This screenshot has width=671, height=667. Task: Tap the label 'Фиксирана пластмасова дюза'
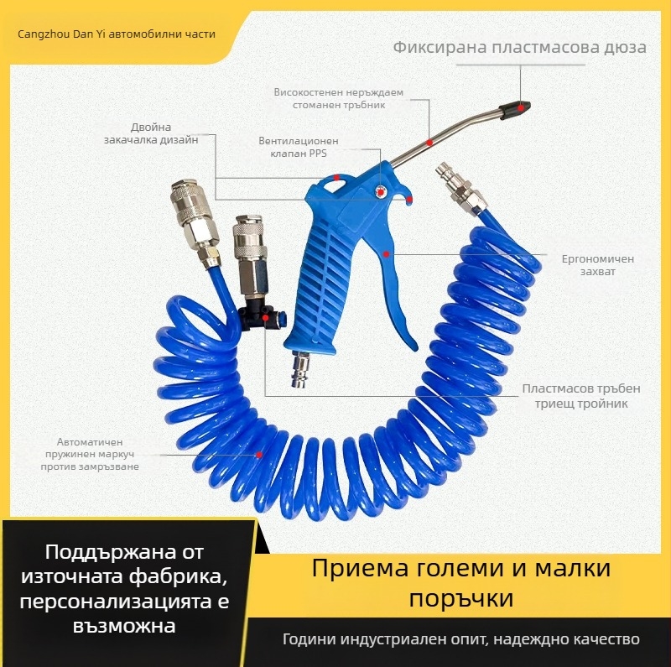coord(519,47)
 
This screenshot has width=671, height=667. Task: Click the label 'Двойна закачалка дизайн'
coord(164,133)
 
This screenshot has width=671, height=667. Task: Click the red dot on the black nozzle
coord(521,107)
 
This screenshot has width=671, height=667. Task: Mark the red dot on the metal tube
coord(429,143)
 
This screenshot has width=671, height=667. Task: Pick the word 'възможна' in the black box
coord(125,626)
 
